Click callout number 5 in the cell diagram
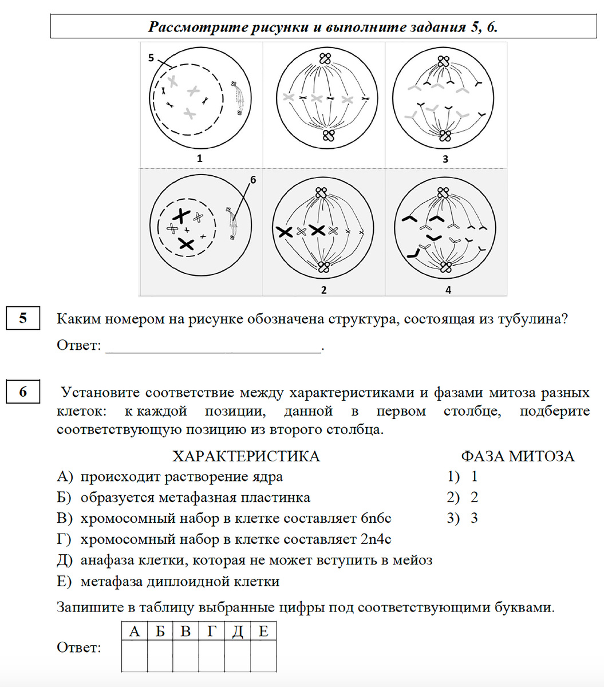coord(151,58)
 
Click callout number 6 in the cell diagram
coord(253,180)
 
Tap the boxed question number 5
coord(23,318)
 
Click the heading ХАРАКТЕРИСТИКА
coord(246,456)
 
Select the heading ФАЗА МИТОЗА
coord(518,456)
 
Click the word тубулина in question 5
coord(526,319)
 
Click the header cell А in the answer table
coord(135,631)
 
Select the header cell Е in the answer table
coord(263,631)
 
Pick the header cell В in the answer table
coord(185,631)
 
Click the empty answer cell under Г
coord(211,656)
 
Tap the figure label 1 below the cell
coord(200,159)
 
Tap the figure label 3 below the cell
coord(445,159)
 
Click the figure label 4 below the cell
coord(448,290)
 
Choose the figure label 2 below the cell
coord(323,290)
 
